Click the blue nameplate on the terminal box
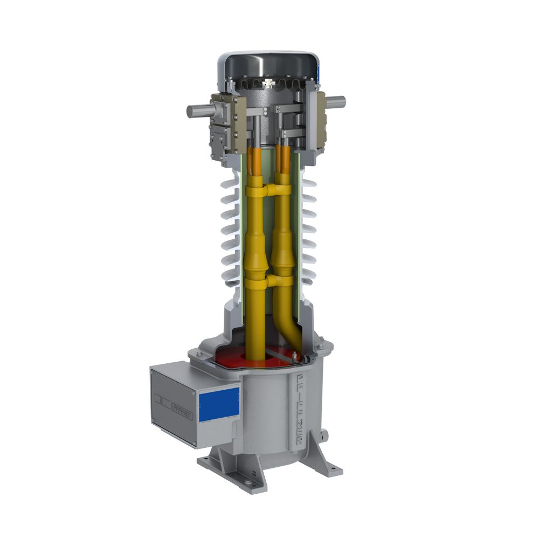coord(219,404)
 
